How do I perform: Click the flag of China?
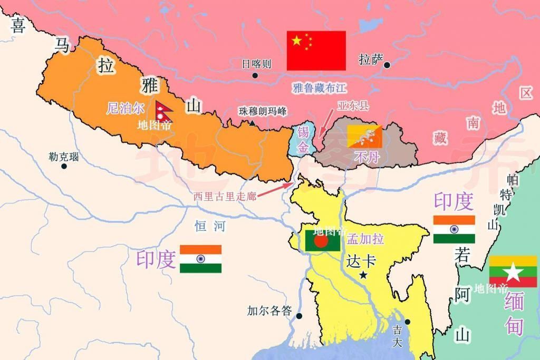(x=316, y=50)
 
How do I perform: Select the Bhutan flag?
(x=364, y=136)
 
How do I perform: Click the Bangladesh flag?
(x=322, y=240)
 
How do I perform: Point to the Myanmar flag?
(x=513, y=271)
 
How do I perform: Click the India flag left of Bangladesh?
(x=200, y=259)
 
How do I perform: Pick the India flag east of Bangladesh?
(x=454, y=229)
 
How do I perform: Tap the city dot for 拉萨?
(x=387, y=65)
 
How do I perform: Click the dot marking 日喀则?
(x=255, y=75)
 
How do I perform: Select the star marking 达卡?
(x=363, y=275)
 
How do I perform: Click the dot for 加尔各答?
(x=299, y=316)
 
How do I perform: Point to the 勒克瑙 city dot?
(x=64, y=166)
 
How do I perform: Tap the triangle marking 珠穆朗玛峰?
(x=252, y=123)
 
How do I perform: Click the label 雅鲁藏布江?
(x=319, y=87)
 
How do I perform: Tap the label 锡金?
(x=303, y=140)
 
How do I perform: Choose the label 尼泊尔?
(x=125, y=109)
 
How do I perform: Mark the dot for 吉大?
(x=407, y=322)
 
